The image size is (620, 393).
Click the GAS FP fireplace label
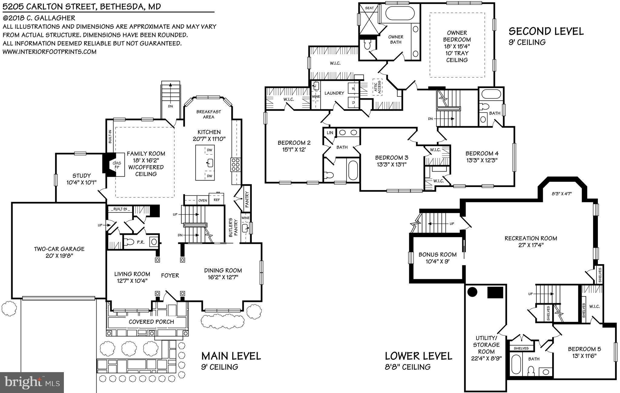point(117,165)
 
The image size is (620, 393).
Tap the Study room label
point(81,176)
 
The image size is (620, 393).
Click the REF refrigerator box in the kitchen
point(217,200)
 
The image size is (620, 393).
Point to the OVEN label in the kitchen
point(203,201)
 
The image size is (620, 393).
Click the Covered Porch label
point(151,322)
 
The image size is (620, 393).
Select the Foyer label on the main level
point(170,275)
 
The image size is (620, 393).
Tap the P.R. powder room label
point(140,242)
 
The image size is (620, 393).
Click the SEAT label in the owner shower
point(369,8)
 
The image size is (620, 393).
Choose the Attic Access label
point(377,87)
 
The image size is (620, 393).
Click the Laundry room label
point(334,93)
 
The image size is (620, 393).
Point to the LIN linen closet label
point(330,133)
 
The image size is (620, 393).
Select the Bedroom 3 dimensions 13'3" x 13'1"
point(391,165)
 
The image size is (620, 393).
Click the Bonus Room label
point(437,254)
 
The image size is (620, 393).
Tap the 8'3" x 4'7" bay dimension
point(562,194)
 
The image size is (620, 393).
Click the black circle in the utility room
point(472,292)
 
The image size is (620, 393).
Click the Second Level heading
point(546,31)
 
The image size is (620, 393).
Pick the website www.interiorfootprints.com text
point(49,52)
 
